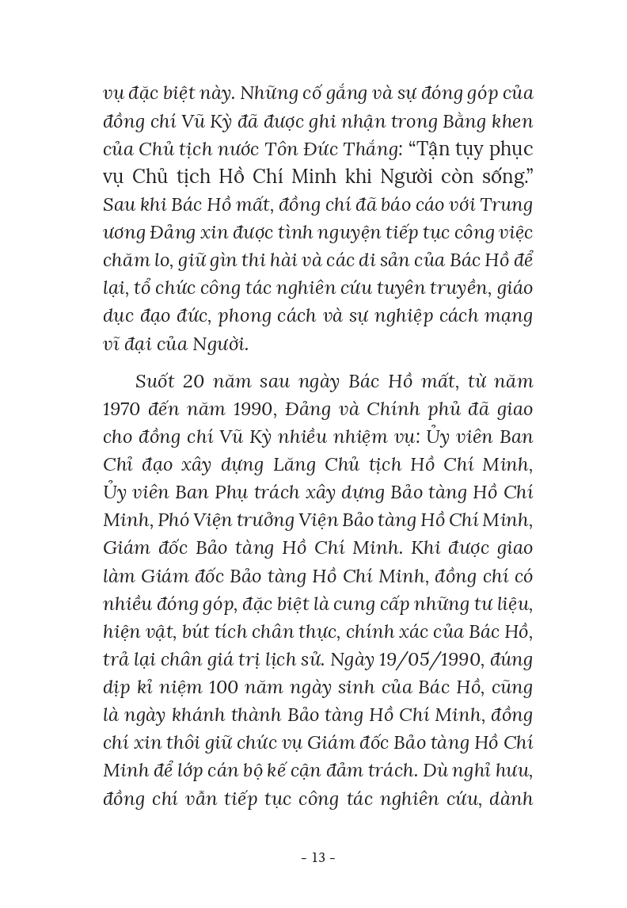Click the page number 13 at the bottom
click(319, 857)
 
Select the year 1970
click(125, 410)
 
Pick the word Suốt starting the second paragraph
click(154, 382)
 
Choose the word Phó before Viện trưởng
click(178, 521)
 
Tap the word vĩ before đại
click(113, 344)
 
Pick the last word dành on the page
click(510, 798)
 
